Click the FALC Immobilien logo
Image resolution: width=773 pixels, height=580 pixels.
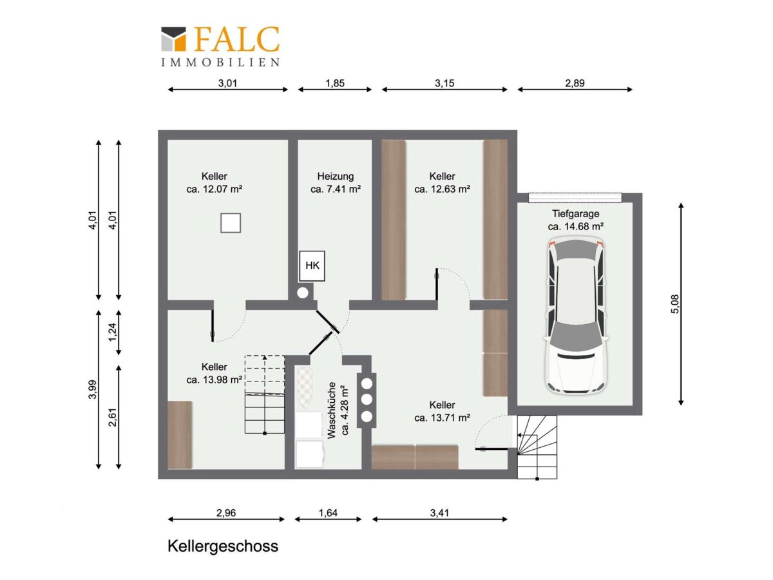pos(220,46)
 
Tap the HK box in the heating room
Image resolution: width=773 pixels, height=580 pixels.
pos(312,266)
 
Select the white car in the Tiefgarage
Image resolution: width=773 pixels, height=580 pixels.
pos(575,316)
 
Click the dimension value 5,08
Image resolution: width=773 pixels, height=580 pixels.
pos(674,304)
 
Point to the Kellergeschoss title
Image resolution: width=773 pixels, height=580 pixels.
pos(223,546)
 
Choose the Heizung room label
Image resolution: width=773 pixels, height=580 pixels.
pos(335,176)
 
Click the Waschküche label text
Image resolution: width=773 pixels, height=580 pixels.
pos(331,411)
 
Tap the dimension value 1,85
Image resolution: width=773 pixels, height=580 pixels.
pos(334,83)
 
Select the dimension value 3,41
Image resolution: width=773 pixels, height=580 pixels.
pos(439,513)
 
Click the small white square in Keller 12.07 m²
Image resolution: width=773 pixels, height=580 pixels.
pos(231,223)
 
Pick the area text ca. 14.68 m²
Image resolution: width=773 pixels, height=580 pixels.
pos(575,226)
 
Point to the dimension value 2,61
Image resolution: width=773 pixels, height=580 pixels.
pos(112,417)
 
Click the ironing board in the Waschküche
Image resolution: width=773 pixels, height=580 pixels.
pos(303,388)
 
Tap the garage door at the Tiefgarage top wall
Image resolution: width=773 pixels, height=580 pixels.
pos(575,197)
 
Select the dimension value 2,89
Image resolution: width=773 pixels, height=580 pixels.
pos(575,83)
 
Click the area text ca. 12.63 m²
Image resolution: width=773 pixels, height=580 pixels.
pos(442,189)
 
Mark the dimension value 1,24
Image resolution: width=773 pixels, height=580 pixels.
pos(112,332)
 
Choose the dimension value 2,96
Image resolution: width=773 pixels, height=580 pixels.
pos(225,513)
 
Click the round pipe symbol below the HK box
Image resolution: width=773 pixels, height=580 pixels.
pos(303,293)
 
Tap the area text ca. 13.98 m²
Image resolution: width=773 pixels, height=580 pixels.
pos(214,380)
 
